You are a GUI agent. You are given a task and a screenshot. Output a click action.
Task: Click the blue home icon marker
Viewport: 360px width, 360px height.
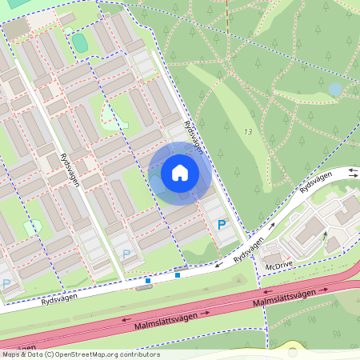click(x=180, y=173)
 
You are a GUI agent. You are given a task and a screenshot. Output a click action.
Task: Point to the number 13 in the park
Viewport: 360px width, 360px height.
click(x=249, y=132)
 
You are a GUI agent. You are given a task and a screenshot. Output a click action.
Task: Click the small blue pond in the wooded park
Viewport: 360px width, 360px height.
click(x=335, y=89)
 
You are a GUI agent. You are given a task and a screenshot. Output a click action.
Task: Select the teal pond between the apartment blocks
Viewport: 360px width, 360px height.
click(x=79, y=40)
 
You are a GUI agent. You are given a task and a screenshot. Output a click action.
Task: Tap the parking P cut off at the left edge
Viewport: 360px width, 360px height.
click(x=6, y=283)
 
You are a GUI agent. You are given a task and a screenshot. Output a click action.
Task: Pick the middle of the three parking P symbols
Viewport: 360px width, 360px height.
click(x=126, y=254)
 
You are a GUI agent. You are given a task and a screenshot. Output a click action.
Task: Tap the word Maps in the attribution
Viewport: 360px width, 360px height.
click(x=11, y=354)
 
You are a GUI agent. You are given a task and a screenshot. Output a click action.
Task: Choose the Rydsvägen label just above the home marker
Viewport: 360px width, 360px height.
click(x=192, y=134)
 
